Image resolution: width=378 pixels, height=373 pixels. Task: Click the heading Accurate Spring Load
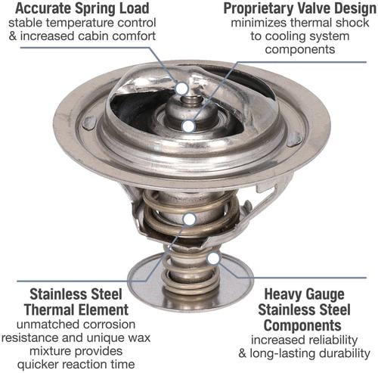coord(82,8)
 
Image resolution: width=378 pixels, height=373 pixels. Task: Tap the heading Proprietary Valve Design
coord(300,9)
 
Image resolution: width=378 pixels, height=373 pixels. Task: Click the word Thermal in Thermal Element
coord(48,309)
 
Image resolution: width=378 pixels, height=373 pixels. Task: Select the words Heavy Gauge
coord(304,294)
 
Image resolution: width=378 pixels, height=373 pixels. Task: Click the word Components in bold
coord(302,325)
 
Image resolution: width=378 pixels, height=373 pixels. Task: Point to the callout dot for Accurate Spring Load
coord(182,89)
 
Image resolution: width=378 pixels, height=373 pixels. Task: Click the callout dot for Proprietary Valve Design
coord(188,126)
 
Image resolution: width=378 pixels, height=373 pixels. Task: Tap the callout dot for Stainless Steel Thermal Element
coord(190,219)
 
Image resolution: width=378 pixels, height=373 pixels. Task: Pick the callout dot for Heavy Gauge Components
coord(213,258)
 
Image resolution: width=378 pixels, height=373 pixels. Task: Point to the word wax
coord(140,337)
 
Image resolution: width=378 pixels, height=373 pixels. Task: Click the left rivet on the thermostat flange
coord(89,123)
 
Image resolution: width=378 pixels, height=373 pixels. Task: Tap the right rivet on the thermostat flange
coord(295,139)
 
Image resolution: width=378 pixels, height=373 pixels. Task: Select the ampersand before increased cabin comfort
coord(12,36)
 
